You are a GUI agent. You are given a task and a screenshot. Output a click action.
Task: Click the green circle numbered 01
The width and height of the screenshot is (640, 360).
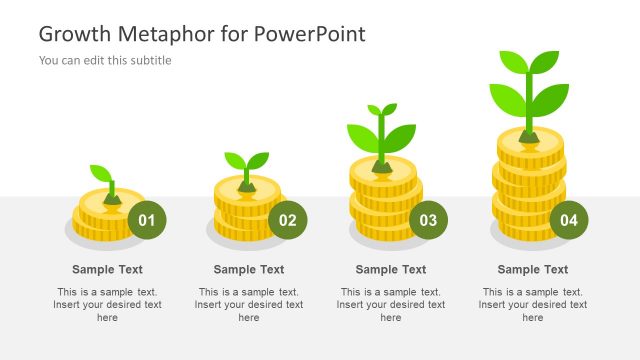pos(147,220)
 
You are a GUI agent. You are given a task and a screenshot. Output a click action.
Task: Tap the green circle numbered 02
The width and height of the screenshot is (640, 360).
pos(288,220)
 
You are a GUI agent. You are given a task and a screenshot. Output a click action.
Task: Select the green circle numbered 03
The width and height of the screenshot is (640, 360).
pos(429,220)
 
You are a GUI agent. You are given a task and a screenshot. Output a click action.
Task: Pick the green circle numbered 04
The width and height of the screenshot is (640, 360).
pos(569,220)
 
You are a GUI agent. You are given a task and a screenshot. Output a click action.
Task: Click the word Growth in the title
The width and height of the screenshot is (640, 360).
pos(75,34)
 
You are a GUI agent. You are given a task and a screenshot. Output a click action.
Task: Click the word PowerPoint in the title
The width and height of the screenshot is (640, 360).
pos(309,34)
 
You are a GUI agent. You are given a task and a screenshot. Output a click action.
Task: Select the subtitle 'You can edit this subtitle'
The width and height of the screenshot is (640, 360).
pos(105,60)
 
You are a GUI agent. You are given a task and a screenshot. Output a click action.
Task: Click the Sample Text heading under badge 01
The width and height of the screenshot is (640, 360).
pos(107,269)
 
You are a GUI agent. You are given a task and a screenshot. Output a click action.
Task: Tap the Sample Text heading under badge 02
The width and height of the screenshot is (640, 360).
pos(249,269)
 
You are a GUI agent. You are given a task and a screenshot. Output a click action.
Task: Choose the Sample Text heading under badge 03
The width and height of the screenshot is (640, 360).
pos(391,269)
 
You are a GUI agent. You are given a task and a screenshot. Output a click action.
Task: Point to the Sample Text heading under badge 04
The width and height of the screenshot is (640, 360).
pos(533,269)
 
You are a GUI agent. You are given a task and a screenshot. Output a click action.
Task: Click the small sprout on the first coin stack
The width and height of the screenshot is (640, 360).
pos(104,178)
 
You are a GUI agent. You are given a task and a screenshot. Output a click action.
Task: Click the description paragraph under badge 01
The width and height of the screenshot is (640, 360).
pos(107,304)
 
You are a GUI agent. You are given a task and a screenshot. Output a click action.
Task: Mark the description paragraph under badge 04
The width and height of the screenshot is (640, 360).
pos(533,304)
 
